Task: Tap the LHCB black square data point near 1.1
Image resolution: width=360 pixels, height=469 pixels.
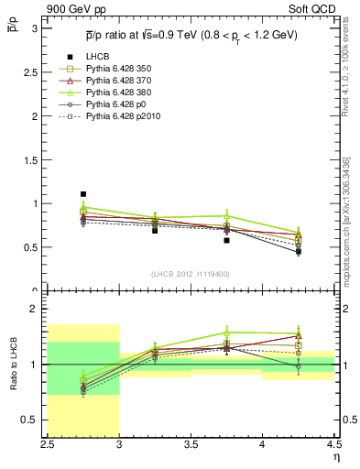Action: click(83, 194)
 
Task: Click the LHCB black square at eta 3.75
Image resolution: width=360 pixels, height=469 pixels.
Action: click(226, 240)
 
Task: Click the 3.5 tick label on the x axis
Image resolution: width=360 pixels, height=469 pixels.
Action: click(191, 444)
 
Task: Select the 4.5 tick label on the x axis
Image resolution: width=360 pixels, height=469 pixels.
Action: click(333, 444)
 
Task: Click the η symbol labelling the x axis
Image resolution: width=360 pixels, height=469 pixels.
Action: click(336, 457)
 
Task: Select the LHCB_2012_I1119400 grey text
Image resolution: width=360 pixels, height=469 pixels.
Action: click(191, 274)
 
